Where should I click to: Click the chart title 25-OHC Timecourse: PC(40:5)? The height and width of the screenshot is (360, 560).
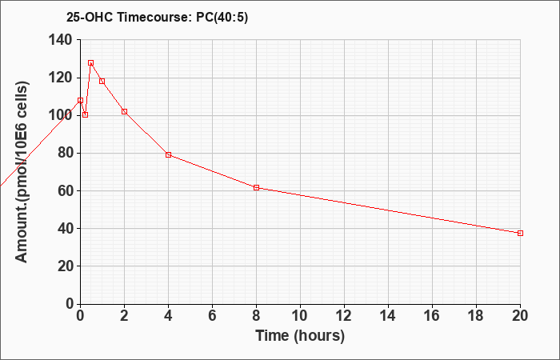pos(157,18)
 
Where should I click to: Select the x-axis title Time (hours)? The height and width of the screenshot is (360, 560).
pos(300,336)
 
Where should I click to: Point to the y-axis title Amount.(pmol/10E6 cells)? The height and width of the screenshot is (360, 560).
pos(22,172)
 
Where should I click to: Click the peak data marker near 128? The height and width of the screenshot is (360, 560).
pos(90,63)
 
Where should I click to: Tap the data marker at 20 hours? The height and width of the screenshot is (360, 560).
pos(520,234)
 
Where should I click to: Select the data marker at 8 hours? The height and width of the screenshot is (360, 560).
pos(256,187)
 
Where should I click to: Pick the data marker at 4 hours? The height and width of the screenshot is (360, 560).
pos(168,154)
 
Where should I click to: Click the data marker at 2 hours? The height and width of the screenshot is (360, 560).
pos(124,111)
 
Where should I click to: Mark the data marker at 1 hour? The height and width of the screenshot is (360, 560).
pos(102,82)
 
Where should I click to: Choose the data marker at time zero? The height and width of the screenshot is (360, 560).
pos(80,100)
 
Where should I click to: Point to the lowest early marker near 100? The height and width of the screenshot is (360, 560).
pos(85,114)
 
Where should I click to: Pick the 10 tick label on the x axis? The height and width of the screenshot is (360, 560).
pos(300,316)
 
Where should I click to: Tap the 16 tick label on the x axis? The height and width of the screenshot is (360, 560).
pos(432,316)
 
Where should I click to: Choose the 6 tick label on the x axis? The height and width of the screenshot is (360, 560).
pos(212,316)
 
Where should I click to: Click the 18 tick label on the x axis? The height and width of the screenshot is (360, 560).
pos(476,316)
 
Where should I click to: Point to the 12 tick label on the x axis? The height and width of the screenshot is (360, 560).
pos(344,316)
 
